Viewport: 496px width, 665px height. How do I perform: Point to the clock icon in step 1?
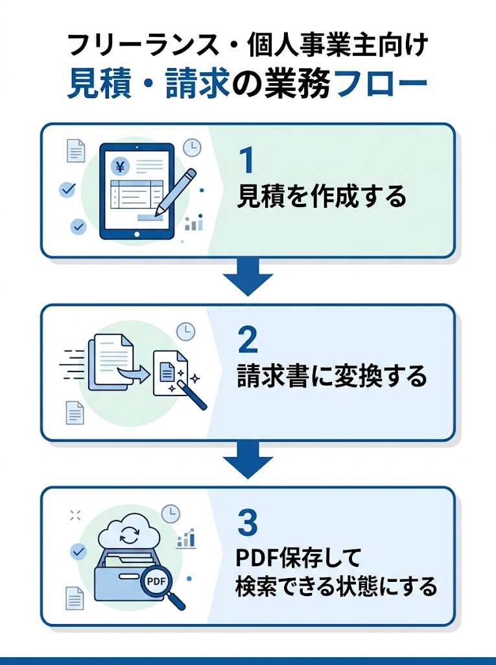[x=192, y=148]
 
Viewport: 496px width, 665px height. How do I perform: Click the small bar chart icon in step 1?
[x=193, y=223]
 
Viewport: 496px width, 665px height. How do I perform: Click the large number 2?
[x=248, y=340]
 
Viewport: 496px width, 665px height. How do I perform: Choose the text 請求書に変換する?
[x=331, y=377]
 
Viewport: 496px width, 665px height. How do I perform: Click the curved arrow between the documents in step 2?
[x=137, y=372]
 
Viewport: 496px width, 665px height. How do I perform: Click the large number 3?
[x=248, y=522]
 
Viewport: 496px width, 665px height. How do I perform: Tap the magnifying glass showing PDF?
[x=158, y=582]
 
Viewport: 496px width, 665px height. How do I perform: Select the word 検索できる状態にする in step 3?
[x=335, y=586]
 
